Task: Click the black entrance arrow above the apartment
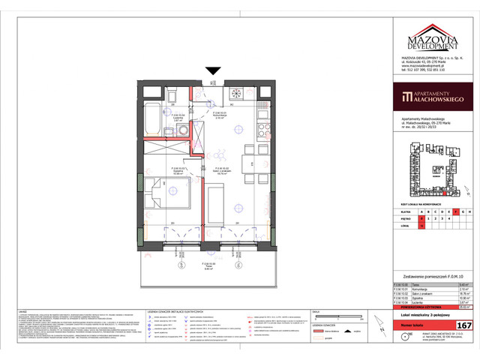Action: [x=214, y=71]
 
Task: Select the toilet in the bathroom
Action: [x=171, y=94]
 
